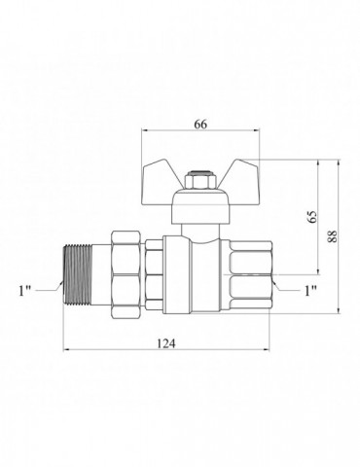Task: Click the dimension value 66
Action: click(200, 125)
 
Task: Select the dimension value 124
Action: click(166, 343)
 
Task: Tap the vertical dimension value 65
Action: click(312, 217)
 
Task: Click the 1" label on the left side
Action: click(24, 291)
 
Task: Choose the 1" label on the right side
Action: click(310, 291)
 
